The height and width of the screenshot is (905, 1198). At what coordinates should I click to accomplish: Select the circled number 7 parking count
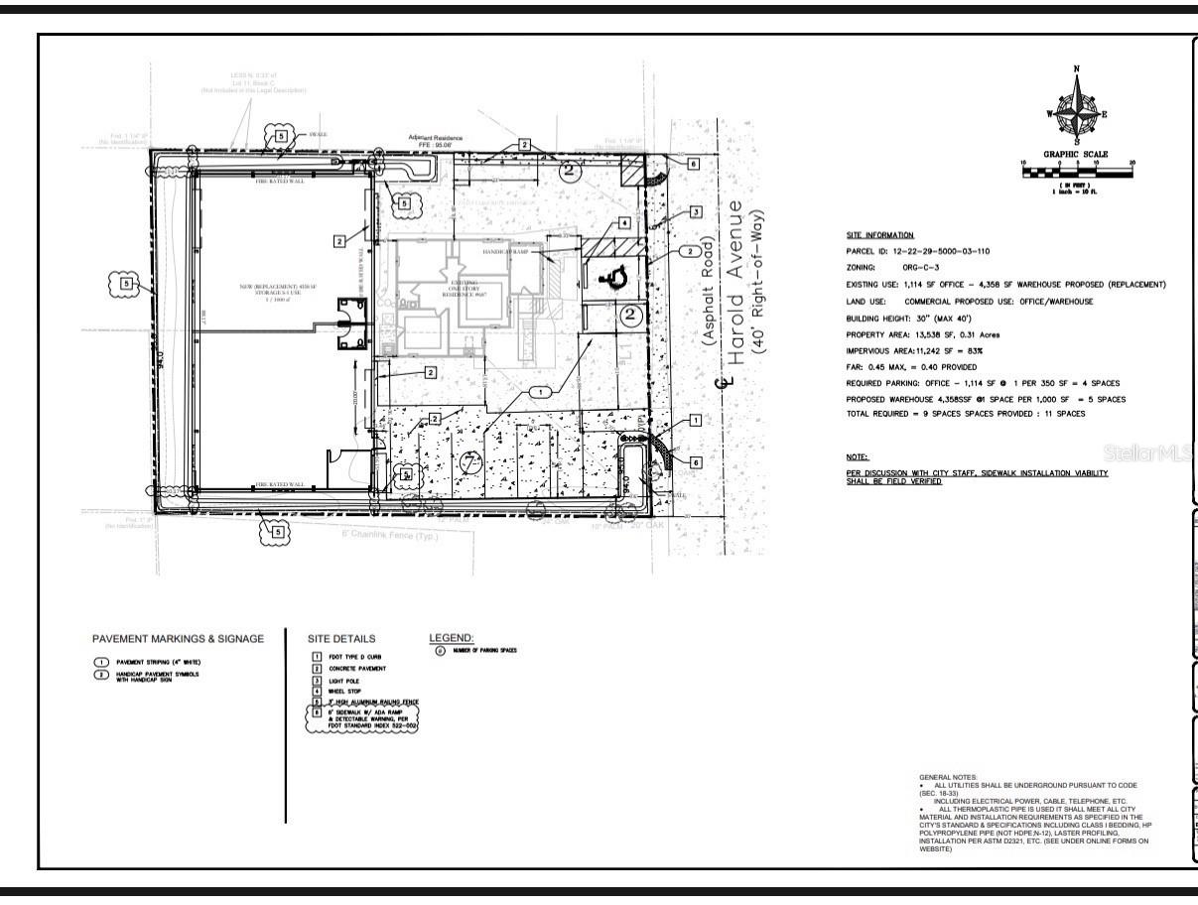click(x=473, y=458)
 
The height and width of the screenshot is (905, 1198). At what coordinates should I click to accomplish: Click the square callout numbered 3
click(x=696, y=212)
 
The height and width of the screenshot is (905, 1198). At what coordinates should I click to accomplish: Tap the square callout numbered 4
click(x=624, y=224)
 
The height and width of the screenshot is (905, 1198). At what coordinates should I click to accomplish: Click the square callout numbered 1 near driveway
click(x=696, y=421)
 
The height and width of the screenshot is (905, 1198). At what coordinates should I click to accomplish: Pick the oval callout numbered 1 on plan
click(x=539, y=392)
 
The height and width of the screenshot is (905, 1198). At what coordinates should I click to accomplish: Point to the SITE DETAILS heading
click(x=341, y=639)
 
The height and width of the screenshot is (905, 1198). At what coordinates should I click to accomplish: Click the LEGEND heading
click(x=452, y=637)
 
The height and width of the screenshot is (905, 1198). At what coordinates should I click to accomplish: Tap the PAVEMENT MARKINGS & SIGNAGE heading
click(x=179, y=639)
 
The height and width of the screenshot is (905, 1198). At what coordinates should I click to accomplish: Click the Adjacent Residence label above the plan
click(x=436, y=139)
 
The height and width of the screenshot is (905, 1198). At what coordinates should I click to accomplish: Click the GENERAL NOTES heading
click(x=948, y=776)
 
